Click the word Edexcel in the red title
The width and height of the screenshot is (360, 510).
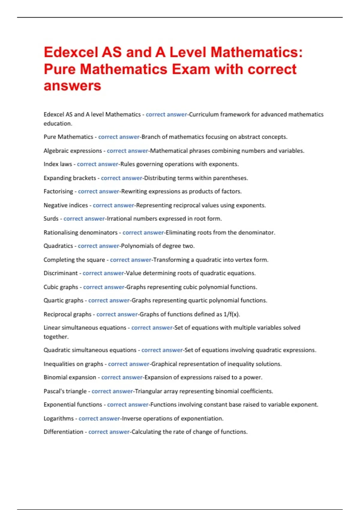(71, 52)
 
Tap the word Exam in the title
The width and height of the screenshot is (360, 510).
(191, 69)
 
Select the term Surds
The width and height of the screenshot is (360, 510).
(51, 219)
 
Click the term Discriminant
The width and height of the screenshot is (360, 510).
(61, 273)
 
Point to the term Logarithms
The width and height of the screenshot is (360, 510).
(58, 418)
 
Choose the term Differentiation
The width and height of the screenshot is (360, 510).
(63, 432)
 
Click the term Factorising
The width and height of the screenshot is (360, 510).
(58, 191)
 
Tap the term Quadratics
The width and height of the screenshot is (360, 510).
(58, 246)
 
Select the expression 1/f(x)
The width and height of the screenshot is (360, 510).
(232, 314)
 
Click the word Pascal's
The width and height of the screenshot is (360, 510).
(54, 391)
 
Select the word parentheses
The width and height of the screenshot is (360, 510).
(230, 178)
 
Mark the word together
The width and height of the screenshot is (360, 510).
(56, 337)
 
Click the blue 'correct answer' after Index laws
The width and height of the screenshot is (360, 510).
(97, 164)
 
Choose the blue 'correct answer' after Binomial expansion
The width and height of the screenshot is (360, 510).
(122, 377)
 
